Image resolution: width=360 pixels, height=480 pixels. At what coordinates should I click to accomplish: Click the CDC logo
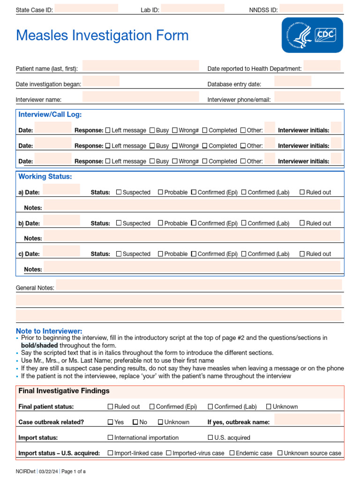tap(312, 35)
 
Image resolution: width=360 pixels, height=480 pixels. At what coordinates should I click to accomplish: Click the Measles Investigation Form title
tap(102, 36)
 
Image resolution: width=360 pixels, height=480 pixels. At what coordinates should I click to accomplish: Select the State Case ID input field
tap(86, 8)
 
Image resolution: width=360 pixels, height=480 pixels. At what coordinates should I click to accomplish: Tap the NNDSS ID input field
tap(311, 8)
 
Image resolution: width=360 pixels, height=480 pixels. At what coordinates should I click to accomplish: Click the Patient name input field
tap(141, 66)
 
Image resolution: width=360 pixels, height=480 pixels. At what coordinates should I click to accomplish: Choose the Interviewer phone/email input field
tap(307, 97)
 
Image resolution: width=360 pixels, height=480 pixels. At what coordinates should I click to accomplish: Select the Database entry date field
tap(292, 82)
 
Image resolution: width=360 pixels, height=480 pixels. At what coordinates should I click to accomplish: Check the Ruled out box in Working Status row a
tap(302, 192)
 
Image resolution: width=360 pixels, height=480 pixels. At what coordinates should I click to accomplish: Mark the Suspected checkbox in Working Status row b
tap(119, 223)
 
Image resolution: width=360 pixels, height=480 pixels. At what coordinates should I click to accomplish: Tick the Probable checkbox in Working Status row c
tap(160, 254)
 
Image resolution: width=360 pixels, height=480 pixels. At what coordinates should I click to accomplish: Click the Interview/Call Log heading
tap(50, 115)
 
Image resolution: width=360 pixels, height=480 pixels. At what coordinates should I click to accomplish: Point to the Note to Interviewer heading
tap(49, 331)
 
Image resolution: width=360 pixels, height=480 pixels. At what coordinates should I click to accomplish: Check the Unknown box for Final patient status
tap(269, 407)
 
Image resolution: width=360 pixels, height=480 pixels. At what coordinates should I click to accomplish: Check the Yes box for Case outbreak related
tap(111, 422)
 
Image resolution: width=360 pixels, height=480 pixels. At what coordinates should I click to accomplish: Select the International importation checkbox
tap(111, 437)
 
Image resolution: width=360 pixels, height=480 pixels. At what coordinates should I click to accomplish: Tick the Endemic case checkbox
tap(233, 453)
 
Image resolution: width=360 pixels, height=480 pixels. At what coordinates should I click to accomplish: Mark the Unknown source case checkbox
tap(280, 453)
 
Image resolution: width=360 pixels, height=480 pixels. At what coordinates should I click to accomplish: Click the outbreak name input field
tap(307, 420)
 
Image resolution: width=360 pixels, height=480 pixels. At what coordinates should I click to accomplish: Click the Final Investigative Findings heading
tap(64, 391)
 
